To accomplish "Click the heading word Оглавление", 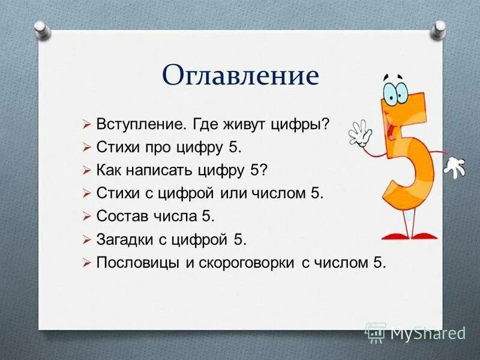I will (240, 76).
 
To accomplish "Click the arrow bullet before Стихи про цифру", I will (86, 147).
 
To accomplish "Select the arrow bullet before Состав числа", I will (86, 216).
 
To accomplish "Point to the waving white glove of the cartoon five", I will (361, 133).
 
